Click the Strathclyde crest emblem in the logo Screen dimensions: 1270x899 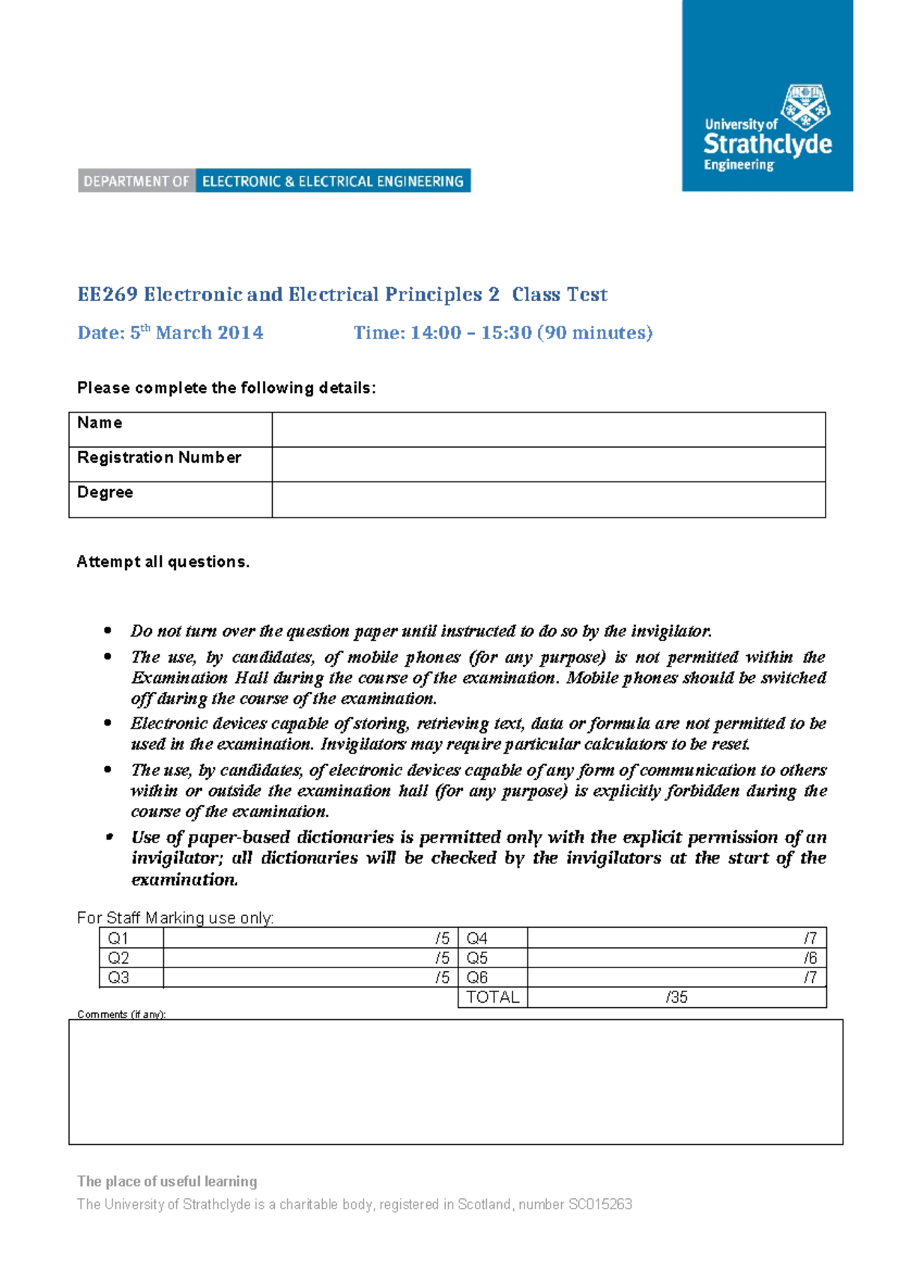click(x=806, y=108)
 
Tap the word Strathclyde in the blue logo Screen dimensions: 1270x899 click(x=767, y=144)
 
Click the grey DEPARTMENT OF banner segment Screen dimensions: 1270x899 click(x=136, y=181)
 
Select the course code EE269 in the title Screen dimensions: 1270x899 click(x=107, y=294)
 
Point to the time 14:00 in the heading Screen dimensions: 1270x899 click(x=435, y=333)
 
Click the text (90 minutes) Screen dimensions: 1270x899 click(x=595, y=333)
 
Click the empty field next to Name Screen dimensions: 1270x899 click(x=548, y=430)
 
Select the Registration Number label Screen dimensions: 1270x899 click(x=159, y=458)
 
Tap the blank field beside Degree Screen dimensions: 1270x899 click(x=548, y=499)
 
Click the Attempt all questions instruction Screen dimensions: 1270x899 click(x=163, y=562)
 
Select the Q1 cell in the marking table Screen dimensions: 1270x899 click(x=118, y=938)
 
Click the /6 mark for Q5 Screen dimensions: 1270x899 click(x=810, y=958)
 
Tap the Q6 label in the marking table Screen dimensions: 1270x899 click(x=477, y=977)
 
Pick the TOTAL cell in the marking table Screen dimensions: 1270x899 click(x=492, y=997)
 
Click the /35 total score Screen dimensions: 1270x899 click(x=676, y=997)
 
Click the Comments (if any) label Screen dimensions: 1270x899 click(x=121, y=1015)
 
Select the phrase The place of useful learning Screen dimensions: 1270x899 click(x=167, y=1182)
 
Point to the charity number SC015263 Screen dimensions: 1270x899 click(x=600, y=1204)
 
